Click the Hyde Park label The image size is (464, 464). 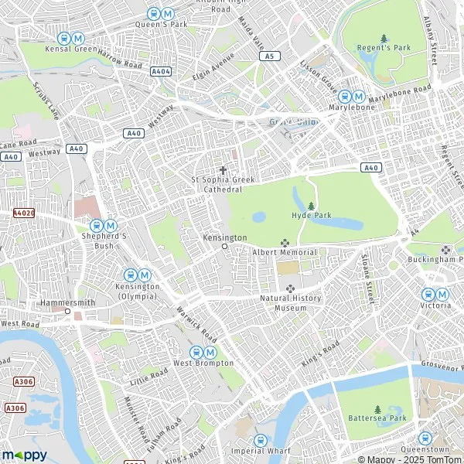pyautogui.click(x=311, y=216)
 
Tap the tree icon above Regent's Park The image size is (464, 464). pyautogui.click(x=384, y=38)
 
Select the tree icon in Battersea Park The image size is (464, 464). pyautogui.click(x=377, y=408)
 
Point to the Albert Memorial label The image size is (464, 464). pyautogui.click(x=284, y=252)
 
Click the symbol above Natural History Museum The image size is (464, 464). pyautogui.click(x=291, y=288)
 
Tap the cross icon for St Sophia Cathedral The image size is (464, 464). pyautogui.click(x=223, y=170)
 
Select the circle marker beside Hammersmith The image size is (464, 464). pyautogui.click(x=67, y=312)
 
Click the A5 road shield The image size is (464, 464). pyautogui.click(x=269, y=56)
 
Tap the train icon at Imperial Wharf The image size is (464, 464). pyautogui.click(x=260, y=439)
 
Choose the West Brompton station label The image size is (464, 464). pyautogui.click(x=203, y=363)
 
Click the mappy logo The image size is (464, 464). pyautogui.click(x=24, y=455)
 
